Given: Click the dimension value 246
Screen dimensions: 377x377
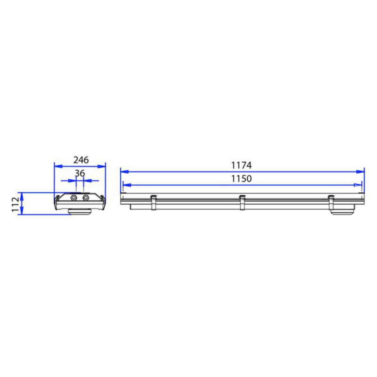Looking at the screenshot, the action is pyautogui.click(x=81, y=160).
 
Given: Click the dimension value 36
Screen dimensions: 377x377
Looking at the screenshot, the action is pyautogui.click(x=80, y=173).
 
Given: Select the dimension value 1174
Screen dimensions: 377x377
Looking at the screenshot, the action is pyautogui.click(x=241, y=166).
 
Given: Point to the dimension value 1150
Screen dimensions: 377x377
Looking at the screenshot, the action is pyautogui.click(x=241, y=179).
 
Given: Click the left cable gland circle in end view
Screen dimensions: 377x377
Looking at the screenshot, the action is pyautogui.click(x=74, y=198).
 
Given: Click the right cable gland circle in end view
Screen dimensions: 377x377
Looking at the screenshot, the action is pyautogui.click(x=85, y=198).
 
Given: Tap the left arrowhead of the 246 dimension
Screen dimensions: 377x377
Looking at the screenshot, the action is pyautogui.click(x=58, y=166).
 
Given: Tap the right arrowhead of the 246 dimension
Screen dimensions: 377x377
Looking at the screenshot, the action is pyautogui.click(x=101, y=166).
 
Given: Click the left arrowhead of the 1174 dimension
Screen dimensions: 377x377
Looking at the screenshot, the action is pyautogui.click(x=125, y=172).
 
